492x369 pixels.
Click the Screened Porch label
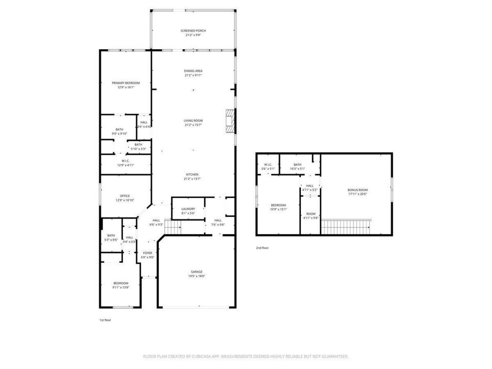click(x=193, y=31)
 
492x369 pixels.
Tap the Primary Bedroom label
click(x=126, y=83)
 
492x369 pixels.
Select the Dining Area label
click(x=193, y=71)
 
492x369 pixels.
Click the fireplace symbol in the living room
click(x=230, y=121)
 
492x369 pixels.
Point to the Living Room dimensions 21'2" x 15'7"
click(x=193, y=125)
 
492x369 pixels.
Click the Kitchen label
click(x=193, y=175)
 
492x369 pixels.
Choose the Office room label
click(x=125, y=196)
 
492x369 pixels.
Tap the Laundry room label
click(x=188, y=209)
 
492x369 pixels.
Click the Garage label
click(x=196, y=272)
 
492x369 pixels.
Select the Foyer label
click(x=147, y=253)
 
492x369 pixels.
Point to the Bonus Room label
click(x=357, y=190)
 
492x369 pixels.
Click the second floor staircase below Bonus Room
click(x=346, y=226)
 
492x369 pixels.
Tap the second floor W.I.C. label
click(x=268, y=165)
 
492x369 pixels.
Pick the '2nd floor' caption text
click(x=262, y=248)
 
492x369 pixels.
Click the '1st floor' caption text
click(x=105, y=320)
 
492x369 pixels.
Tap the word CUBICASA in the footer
click(x=204, y=356)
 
